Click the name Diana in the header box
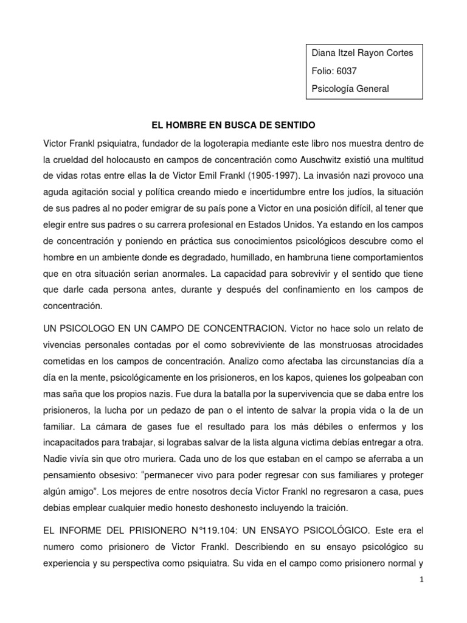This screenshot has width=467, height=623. coord(323,53)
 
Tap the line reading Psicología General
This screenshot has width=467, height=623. coord(350,89)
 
